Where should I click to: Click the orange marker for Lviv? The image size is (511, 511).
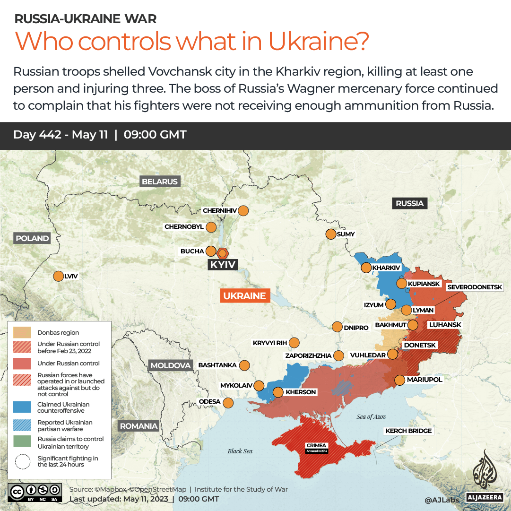pyautogui.click(x=58, y=277)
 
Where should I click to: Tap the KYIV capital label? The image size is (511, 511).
pyautogui.click(x=223, y=264)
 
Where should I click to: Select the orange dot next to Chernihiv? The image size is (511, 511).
pyautogui.click(x=243, y=211)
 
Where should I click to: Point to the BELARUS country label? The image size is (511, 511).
pyautogui.click(x=160, y=182)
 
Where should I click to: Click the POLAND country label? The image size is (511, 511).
pyautogui.click(x=32, y=238)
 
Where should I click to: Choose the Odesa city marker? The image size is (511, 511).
pyautogui.click(x=228, y=403)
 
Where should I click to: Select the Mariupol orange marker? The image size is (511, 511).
pyautogui.click(x=399, y=380)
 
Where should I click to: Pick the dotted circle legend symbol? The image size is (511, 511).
pyautogui.click(x=22, y=461)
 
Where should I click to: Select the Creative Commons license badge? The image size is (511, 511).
pyautogui.click(x=35, y=492)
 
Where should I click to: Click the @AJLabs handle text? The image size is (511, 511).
pyautogui.click(x=442, y=499)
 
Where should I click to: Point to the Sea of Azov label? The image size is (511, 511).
pyautogui.click(x=371, y=416)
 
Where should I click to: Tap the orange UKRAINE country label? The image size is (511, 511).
pyautogui.click(x=245, y=296)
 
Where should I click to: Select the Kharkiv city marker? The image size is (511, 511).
pyautogui.click(x=366, y=268)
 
